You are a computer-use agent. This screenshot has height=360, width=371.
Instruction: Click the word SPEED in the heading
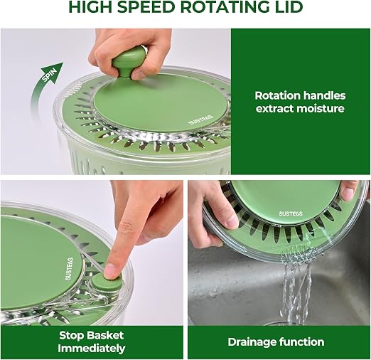[x=146, y=7]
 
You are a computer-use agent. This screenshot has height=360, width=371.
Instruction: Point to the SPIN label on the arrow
[x=50, y=75]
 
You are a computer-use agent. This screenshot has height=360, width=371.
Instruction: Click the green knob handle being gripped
[x=128, y=61]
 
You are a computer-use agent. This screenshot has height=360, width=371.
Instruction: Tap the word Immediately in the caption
[x=92, y=349]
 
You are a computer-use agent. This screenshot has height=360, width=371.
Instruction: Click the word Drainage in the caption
[x=252, y=342]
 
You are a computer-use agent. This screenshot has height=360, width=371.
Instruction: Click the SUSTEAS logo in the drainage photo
[x=291, y=213]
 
